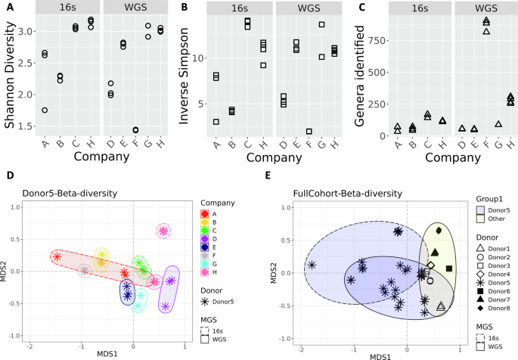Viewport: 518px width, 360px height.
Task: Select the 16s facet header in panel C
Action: click(416, 8)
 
